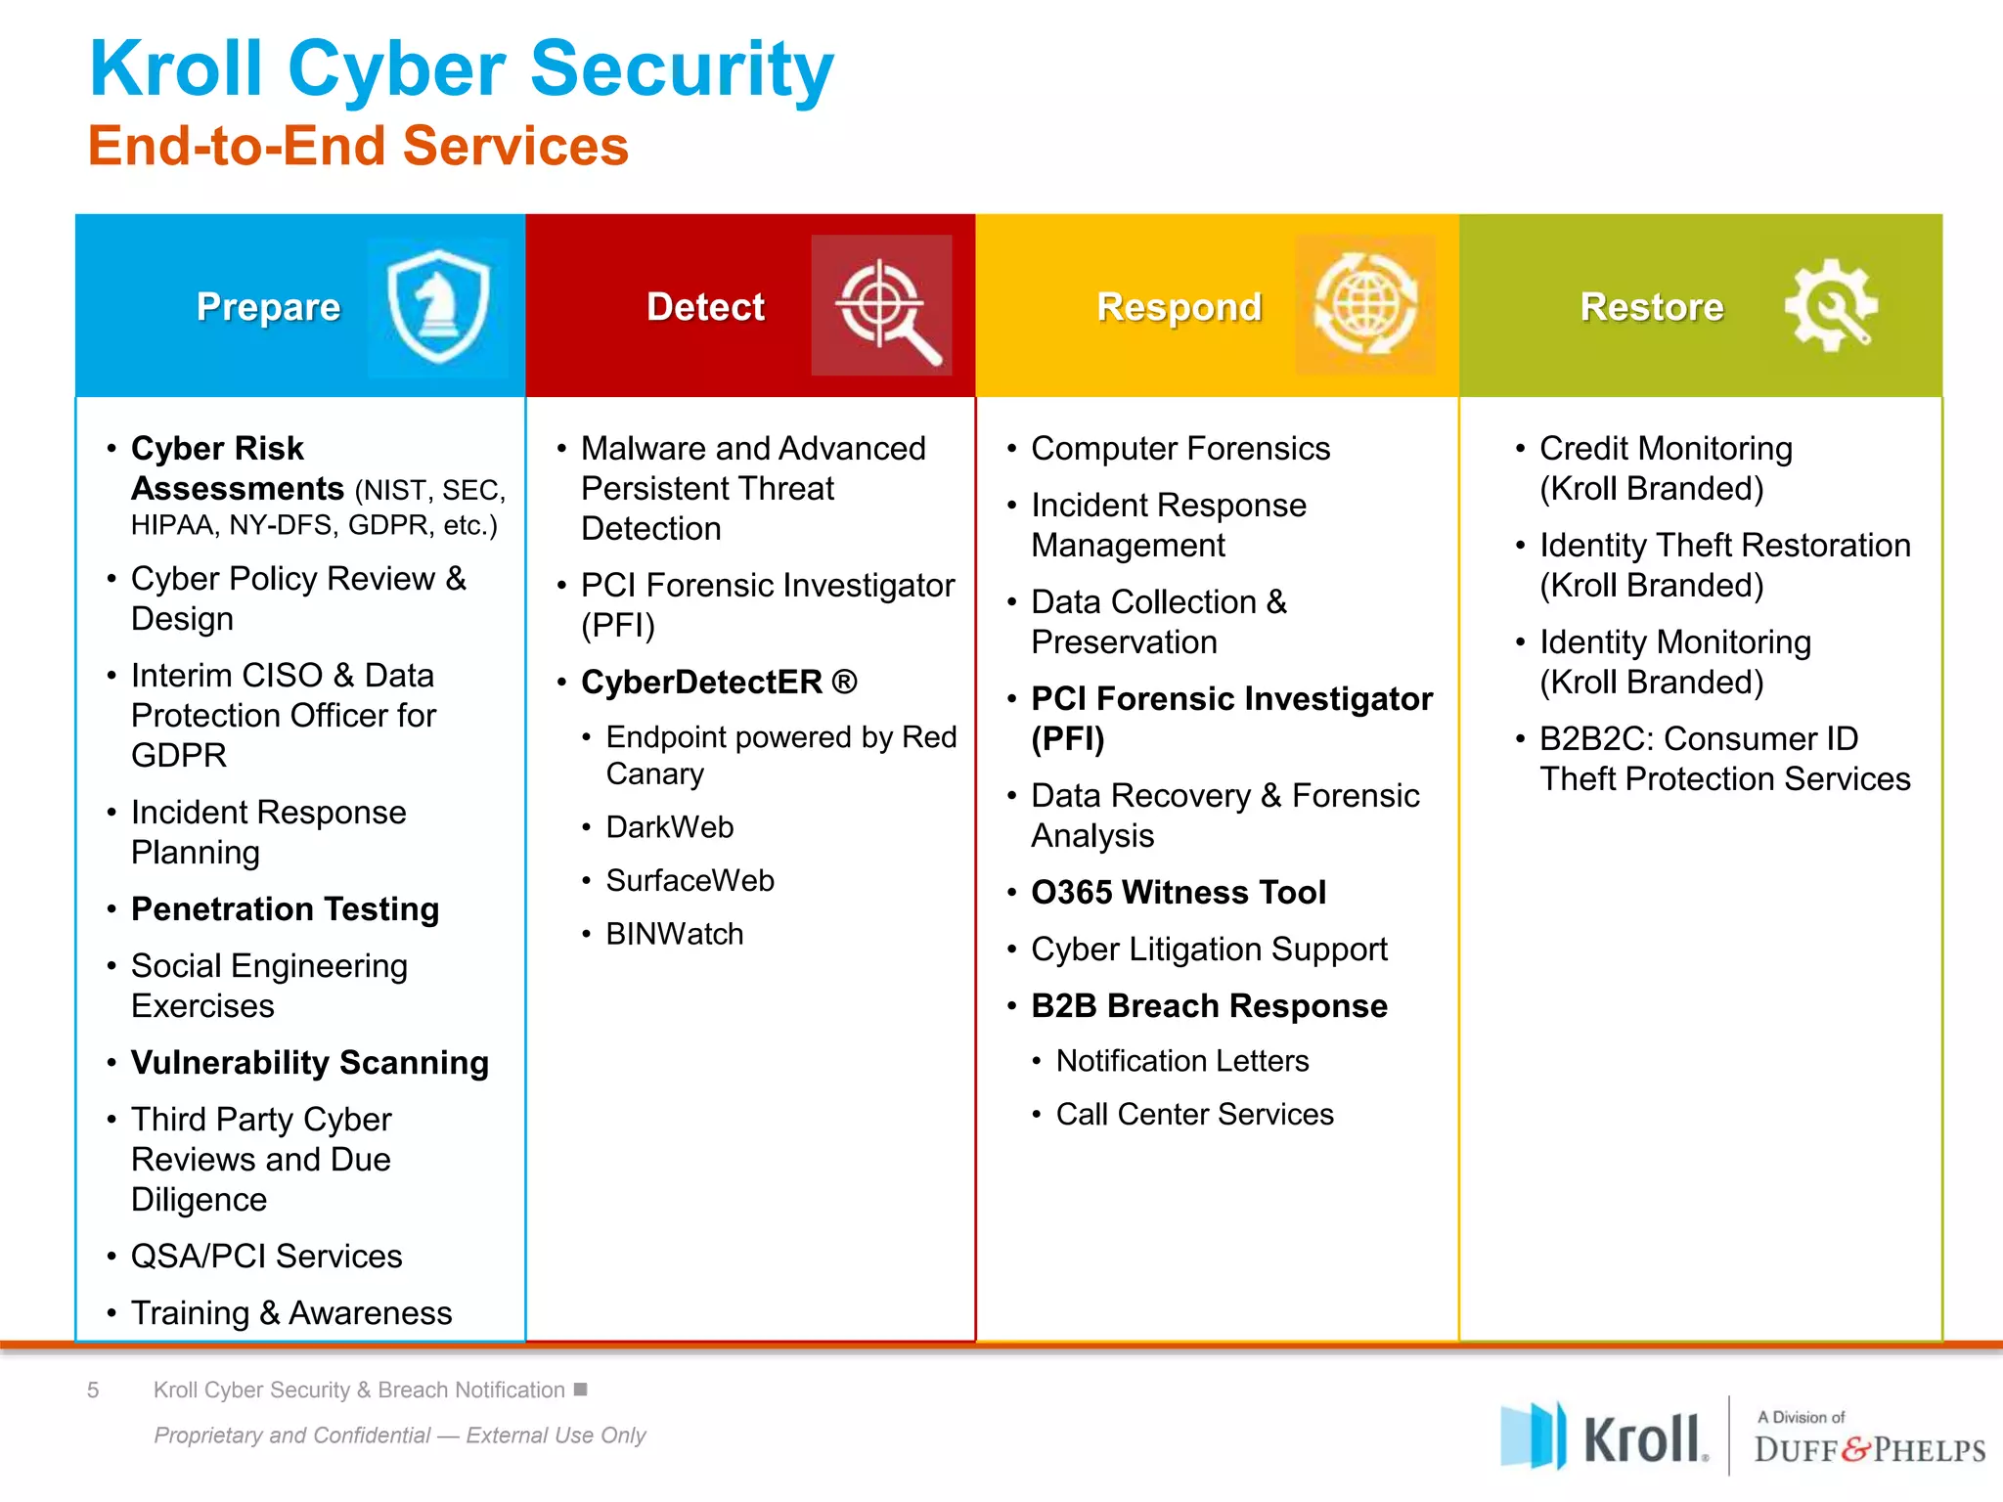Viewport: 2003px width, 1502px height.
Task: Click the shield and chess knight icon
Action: tap(438, 306)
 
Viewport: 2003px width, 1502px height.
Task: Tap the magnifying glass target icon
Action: tap(883, 306)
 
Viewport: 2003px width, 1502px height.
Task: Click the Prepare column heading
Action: tap(268, 307)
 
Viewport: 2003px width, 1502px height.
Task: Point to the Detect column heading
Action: tap(705, 307)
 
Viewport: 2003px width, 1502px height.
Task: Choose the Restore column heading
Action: tap(1651, 307)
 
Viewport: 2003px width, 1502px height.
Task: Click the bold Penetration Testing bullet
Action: tap(285, 909)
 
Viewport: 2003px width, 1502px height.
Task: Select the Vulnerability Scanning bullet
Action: tap(309, 1063)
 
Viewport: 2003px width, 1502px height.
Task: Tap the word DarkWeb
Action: tap(669, 827)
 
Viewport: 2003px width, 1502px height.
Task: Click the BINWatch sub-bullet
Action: tap(674, 934)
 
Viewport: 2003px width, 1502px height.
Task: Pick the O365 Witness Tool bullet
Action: tap(1178, 893)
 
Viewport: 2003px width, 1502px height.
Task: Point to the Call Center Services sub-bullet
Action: tap(1194, 1115)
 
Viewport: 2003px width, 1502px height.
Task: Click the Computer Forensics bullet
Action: tap(1180, 449)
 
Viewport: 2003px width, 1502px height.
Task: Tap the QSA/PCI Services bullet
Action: tap(266, 1257)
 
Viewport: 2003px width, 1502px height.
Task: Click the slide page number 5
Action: tap(93, 1390)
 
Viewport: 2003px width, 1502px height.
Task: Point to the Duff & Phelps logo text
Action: tap(1868, 1449)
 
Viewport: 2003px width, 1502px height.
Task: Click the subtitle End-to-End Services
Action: tap(358, 147)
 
